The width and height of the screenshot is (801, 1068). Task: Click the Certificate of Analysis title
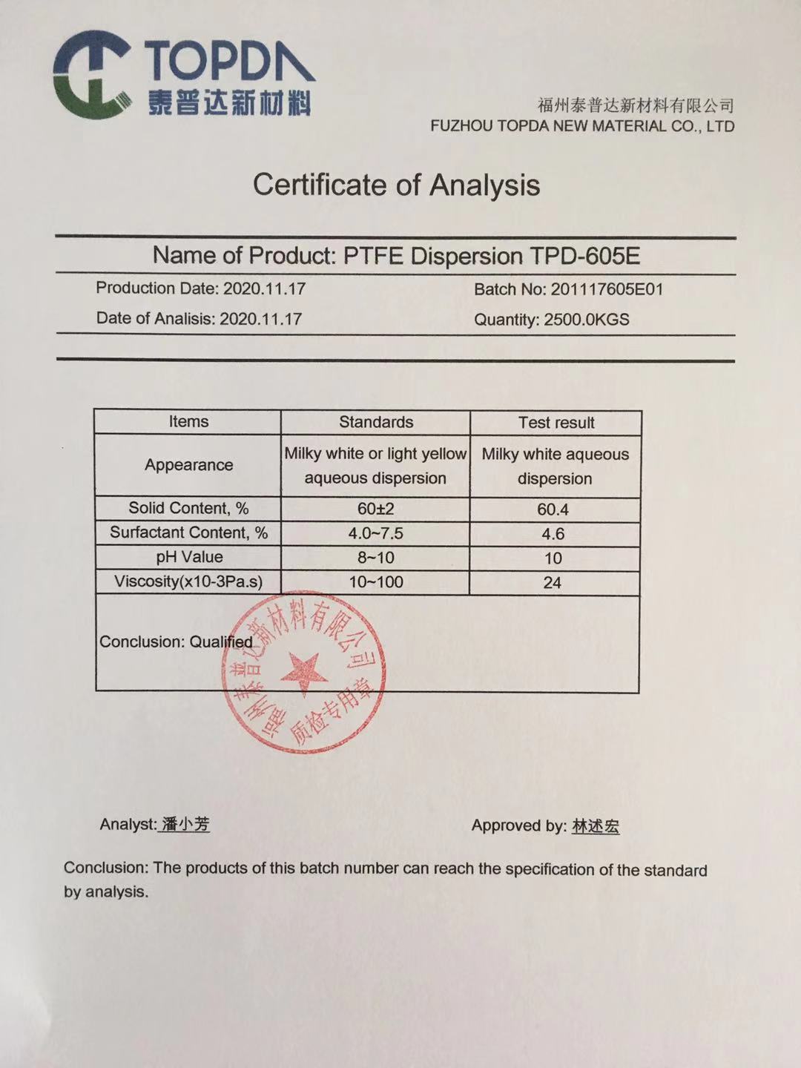coord(396,185)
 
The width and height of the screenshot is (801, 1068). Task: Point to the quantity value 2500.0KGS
coord(586,320)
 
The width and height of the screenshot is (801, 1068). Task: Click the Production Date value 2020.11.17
coord(264,289)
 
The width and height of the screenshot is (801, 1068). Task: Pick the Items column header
coord(188,422)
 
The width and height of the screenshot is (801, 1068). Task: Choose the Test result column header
coord(556,423)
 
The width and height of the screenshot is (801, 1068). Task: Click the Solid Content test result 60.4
coord(553,510)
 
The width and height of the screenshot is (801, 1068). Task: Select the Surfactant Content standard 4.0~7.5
coord(376,533)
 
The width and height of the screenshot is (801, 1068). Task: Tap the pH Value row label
coord(189,557)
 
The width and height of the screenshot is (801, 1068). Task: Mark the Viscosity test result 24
coord(552,583)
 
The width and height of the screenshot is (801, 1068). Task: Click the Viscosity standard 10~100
coord(376,582)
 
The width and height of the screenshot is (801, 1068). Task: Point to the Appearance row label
coord(188,465)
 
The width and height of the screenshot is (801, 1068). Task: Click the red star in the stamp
coord(303,672)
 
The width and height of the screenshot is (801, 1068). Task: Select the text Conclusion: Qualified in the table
coord(176,642)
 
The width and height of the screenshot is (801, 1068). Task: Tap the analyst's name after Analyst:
coord(185,824)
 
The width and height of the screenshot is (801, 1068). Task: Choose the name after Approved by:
coord(595,826)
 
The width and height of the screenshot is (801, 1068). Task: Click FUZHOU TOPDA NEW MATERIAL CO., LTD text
coord(581,126)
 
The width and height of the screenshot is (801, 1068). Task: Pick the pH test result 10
coord(553,558)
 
